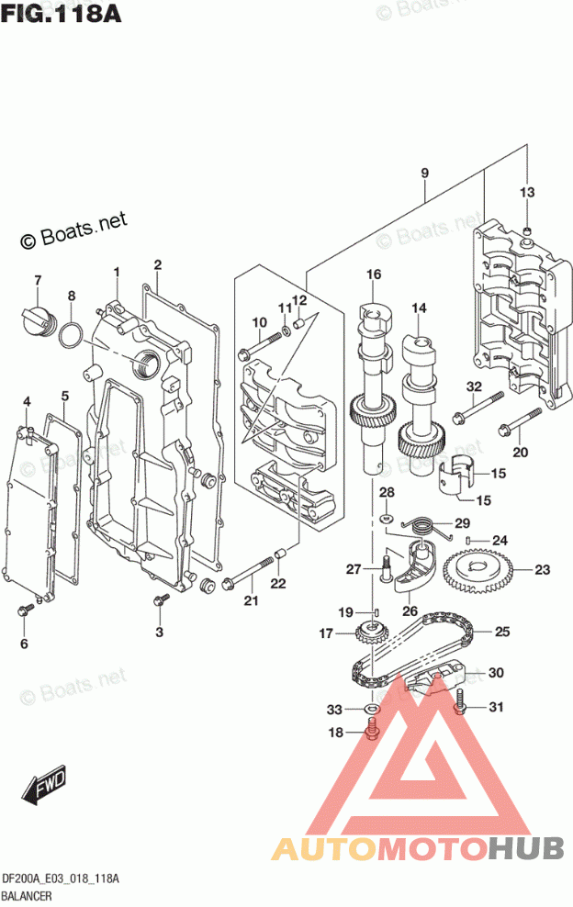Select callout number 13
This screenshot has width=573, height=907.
point(526,192)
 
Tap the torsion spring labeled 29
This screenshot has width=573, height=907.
point(419,526)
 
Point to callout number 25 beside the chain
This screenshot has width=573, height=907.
point(501,632)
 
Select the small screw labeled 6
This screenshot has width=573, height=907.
point(26,610)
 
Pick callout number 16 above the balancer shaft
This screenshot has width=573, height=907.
point(373,274)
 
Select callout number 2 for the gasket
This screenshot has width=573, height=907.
point(157,265)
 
